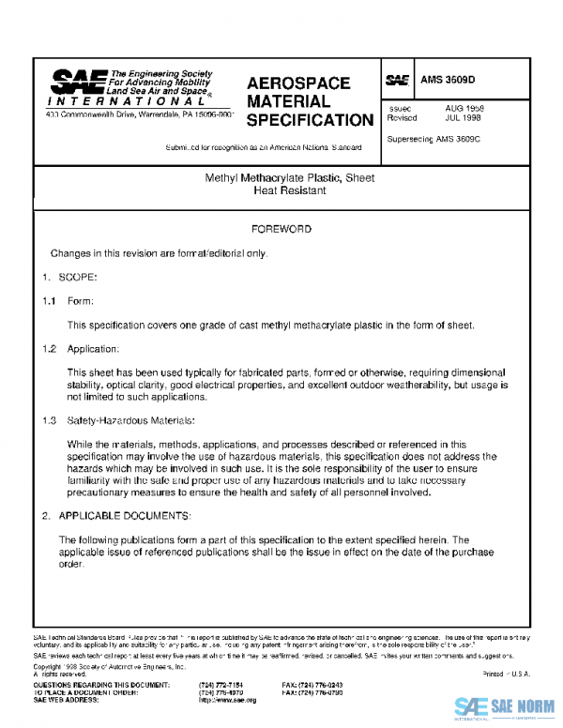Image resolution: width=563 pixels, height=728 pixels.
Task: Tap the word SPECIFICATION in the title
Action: coord(310,120)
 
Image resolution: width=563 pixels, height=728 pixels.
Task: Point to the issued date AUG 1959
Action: coord(464,109)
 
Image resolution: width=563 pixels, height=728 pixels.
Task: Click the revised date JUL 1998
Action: coord(464,119)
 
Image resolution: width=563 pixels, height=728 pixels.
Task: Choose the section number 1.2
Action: coord(49,349)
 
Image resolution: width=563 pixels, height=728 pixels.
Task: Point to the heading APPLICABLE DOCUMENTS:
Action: coord(125,516)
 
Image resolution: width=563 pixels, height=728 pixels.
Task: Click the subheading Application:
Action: coord(93,349)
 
